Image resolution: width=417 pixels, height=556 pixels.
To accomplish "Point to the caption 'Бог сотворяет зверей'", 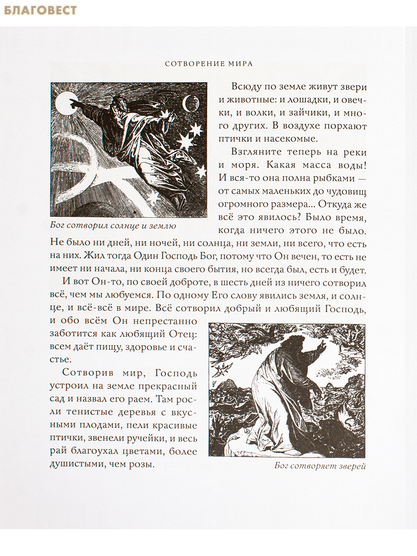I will (x=320, y=466).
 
